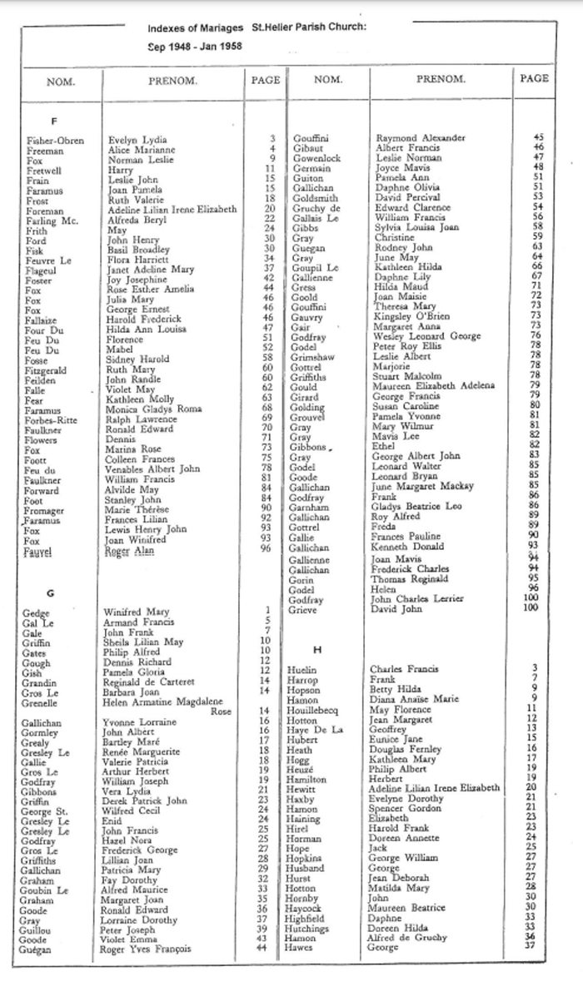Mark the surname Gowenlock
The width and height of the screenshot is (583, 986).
coord(317,157)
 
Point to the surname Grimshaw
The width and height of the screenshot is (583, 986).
coord(317,355)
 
